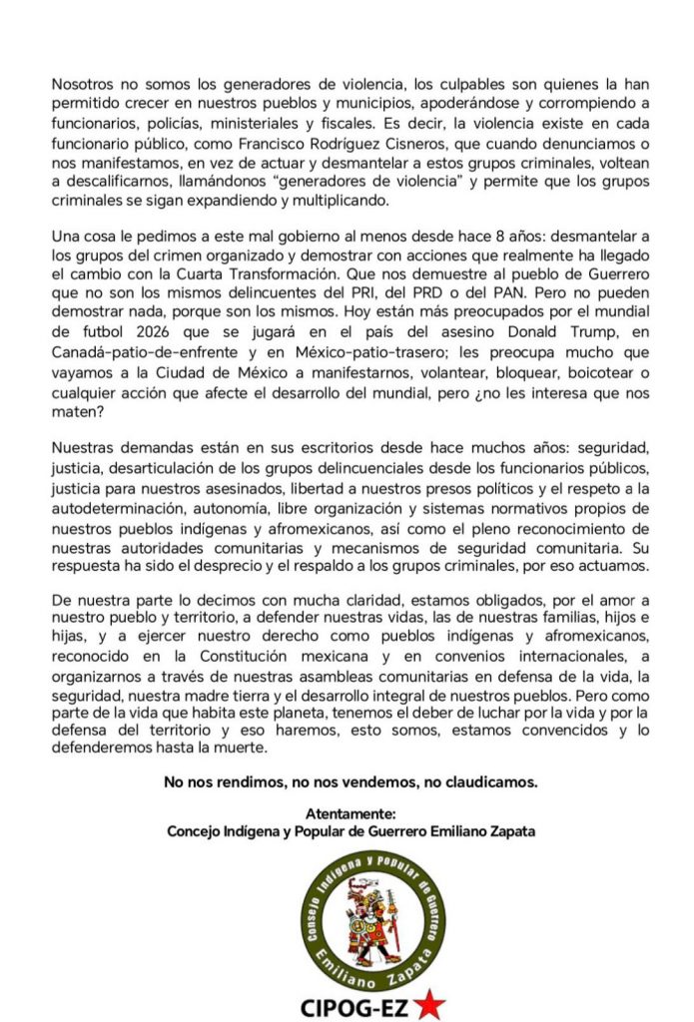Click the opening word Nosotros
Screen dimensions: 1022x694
pos(85,86)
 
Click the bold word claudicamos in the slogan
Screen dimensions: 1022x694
pos(493,782)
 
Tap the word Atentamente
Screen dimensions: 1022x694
pos(351,814)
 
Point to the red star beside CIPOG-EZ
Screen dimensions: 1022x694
pos(429,1004)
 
